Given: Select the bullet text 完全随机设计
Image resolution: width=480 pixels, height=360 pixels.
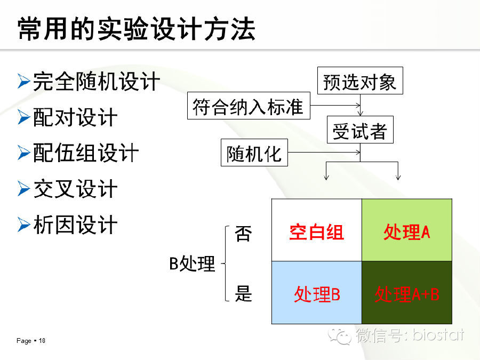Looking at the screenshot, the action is pyautogui.click(x=97, y=82).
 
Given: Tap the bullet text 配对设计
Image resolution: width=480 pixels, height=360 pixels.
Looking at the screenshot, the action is pyautogui.click(x=75, y=117).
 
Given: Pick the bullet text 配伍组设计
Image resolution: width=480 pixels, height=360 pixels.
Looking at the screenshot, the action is pyautogui.click(x=86, y=153).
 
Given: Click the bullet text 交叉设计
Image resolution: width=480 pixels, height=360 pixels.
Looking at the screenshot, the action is pyautogui.click(x=75, y=189).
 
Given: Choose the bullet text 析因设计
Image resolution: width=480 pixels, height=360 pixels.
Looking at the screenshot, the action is pyautogui.click(x=75, y=225).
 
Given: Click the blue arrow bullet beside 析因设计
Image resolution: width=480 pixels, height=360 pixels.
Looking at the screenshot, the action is pyautogui.click(x=23, y=225).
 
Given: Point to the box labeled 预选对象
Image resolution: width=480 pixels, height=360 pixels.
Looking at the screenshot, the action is pyautogui.click(x=360, y=81).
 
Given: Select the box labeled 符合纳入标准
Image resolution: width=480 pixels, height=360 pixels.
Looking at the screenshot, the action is pyautogui.click(x=249, y=106).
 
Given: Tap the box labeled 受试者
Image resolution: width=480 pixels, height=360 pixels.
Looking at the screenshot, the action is pyautogui.click(x=360, y=130).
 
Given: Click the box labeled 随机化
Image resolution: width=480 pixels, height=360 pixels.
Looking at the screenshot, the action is pyautogui.click(x=254, y=153).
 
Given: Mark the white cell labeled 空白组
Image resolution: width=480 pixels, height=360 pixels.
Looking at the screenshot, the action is pyautogui.click(x=317, y=230).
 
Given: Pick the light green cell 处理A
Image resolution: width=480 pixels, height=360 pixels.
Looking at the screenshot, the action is pyautogui.click(x=407, y=230).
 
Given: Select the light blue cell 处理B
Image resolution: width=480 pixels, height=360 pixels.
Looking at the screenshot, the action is pyautogui.click(x=317, y=292).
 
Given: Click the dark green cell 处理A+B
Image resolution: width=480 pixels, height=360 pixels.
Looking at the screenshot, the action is pyautogui.click(x=407, y=292).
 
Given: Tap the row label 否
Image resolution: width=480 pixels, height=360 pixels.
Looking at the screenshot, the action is pyautogui.click(x=243, y=233).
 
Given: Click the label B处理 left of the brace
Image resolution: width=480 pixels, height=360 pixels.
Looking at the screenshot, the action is pyautogui.click(x=192, y=263).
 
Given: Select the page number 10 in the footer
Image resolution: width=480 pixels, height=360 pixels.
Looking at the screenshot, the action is pyautogui.click(x=42, y=341).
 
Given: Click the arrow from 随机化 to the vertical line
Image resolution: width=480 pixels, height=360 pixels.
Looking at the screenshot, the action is pyautogui.click(x=324, y=152).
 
